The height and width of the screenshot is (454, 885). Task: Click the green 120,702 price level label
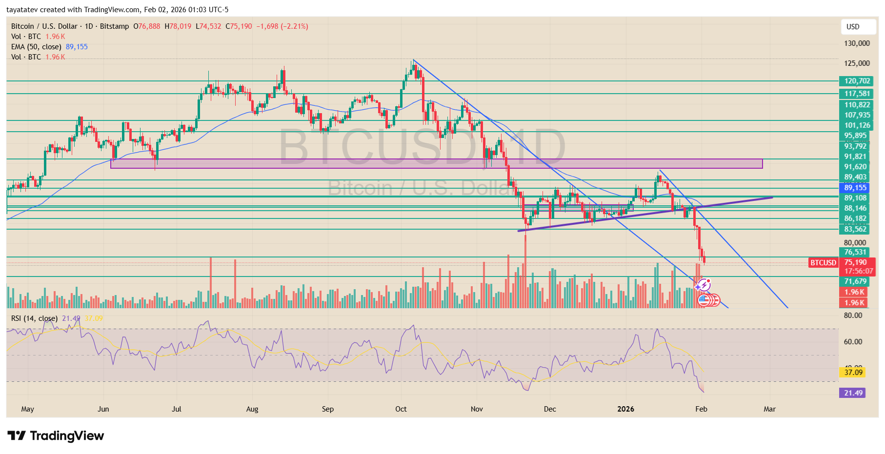[857, 81]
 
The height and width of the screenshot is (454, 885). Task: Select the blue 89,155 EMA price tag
[855, 188]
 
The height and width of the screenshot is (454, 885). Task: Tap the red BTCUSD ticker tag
[823, 263]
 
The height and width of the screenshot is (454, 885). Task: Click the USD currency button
[853, 27]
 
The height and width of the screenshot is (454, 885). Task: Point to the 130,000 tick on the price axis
[857, 43]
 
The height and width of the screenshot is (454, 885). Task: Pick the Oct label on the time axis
[401, 409]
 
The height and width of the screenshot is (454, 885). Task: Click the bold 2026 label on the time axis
[625, 409]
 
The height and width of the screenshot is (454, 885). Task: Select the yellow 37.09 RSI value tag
[853, 373]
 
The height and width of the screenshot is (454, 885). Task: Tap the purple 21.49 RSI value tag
[853, 393]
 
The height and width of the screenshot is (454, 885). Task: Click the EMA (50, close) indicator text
[36, 47]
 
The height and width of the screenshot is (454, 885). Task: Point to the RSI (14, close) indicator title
[34, 318]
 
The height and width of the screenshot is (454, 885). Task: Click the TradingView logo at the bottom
[56, 435]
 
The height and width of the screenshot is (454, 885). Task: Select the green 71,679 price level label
[855, 281]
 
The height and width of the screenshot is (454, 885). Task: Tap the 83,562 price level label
[855, 229]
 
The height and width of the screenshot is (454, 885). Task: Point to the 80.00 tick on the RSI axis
[853, 316]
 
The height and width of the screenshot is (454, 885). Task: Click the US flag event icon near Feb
[704, 300]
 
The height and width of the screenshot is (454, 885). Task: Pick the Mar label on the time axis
[769, 409]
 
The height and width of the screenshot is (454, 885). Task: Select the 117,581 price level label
[857, 94]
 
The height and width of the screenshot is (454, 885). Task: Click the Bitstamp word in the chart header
[114, 26]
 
